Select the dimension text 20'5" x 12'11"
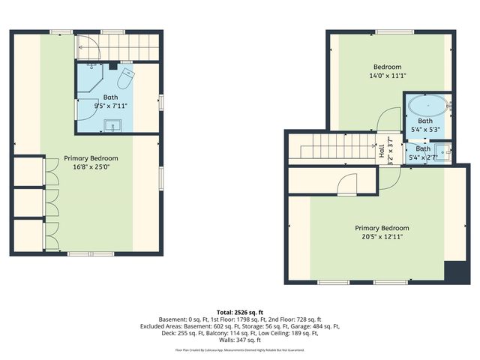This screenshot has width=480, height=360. coord(382,238)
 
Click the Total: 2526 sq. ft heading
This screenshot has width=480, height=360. coord(240,312)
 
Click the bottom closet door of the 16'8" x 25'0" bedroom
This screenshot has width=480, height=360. coord(51,234)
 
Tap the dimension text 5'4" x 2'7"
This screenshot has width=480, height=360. coord(424,157)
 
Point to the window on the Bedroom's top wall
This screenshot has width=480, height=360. coord(390,31)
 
